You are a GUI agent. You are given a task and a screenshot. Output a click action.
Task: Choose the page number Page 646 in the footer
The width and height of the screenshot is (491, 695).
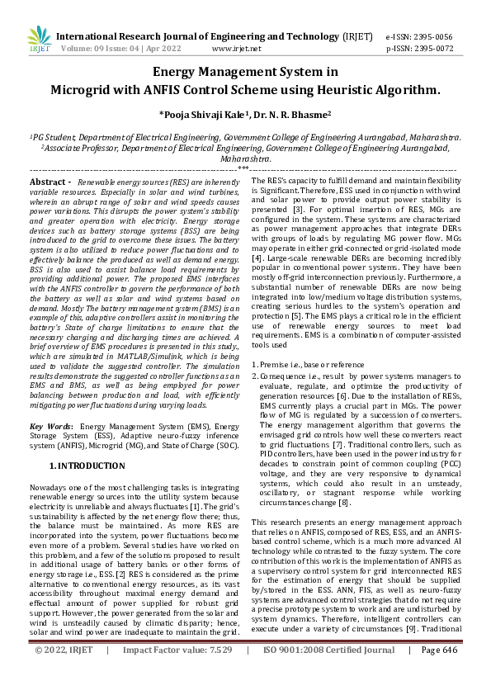click(438, 674)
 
